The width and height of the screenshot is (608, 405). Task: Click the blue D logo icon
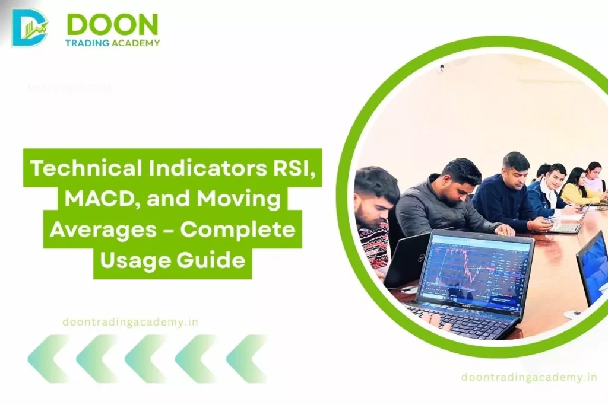tap(29, 28)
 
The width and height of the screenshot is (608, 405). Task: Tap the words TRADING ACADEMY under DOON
tap(113, 43)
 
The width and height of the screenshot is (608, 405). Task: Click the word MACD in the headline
tap(86, 199)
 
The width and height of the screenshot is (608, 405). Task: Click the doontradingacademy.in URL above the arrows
tap(130, 322)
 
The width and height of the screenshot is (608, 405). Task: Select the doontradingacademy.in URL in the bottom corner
tap(528, 377)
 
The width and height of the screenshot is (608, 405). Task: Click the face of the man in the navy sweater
tap(515, 171)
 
